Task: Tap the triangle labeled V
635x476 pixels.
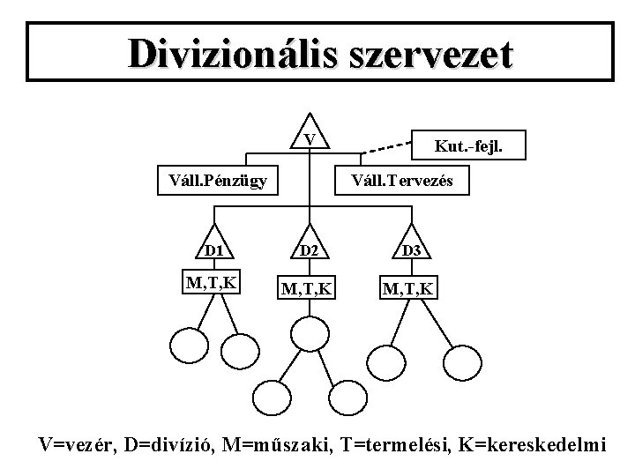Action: click(x=309, y=135)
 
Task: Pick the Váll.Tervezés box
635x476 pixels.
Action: click(x=402, y=181)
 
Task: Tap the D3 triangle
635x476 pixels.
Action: click(x=412, y=248)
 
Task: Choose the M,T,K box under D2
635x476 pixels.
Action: click(x=309, y=287)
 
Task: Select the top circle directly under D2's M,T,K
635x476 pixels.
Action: click(x=309, y=333)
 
